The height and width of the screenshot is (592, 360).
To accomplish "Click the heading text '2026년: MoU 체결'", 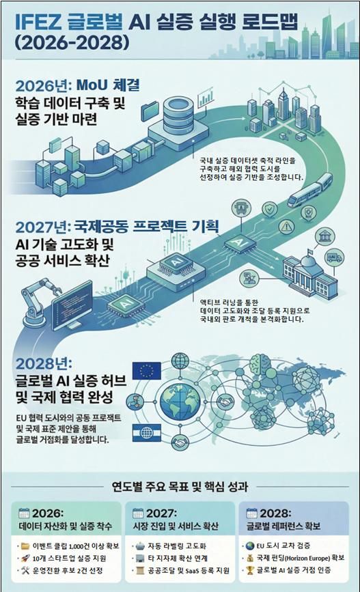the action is [77, 85].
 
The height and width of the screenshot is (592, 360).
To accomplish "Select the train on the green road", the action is [309, 190].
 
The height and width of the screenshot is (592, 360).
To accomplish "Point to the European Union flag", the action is [146, 371].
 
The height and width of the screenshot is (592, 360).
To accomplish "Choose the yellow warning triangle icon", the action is [286, 227].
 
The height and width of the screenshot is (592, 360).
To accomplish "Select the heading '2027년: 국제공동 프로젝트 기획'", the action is [117, 227].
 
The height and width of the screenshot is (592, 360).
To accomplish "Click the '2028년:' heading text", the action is [44, 363].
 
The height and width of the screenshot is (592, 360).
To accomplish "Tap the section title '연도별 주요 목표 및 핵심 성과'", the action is [180, 486].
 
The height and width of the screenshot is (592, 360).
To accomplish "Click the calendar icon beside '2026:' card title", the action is [24, 513].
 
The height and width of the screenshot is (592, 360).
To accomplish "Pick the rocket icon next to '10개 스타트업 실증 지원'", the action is [25, 558].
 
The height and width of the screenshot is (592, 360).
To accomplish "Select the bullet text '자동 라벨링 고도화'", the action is [177, 546].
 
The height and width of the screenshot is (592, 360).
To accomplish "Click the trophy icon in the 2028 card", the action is [250, 570].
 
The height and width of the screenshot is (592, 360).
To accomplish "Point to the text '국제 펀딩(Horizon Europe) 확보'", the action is [301, 558].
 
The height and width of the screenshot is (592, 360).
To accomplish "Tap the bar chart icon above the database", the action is [205, 98].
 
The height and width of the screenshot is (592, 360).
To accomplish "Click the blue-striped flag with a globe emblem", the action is [147, 433].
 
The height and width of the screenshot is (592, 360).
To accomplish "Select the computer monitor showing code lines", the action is [72, 306].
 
